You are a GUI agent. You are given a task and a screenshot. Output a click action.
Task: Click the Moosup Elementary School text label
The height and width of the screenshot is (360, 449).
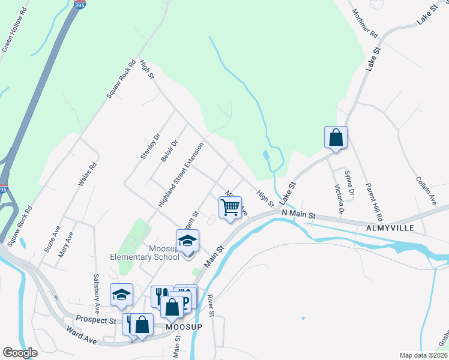144,253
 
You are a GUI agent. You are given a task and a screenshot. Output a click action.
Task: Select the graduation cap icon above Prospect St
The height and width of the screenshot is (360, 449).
121,294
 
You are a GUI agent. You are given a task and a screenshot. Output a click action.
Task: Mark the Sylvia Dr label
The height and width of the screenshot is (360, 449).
349,184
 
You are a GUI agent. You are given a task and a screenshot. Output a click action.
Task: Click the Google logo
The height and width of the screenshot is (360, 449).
20,353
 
